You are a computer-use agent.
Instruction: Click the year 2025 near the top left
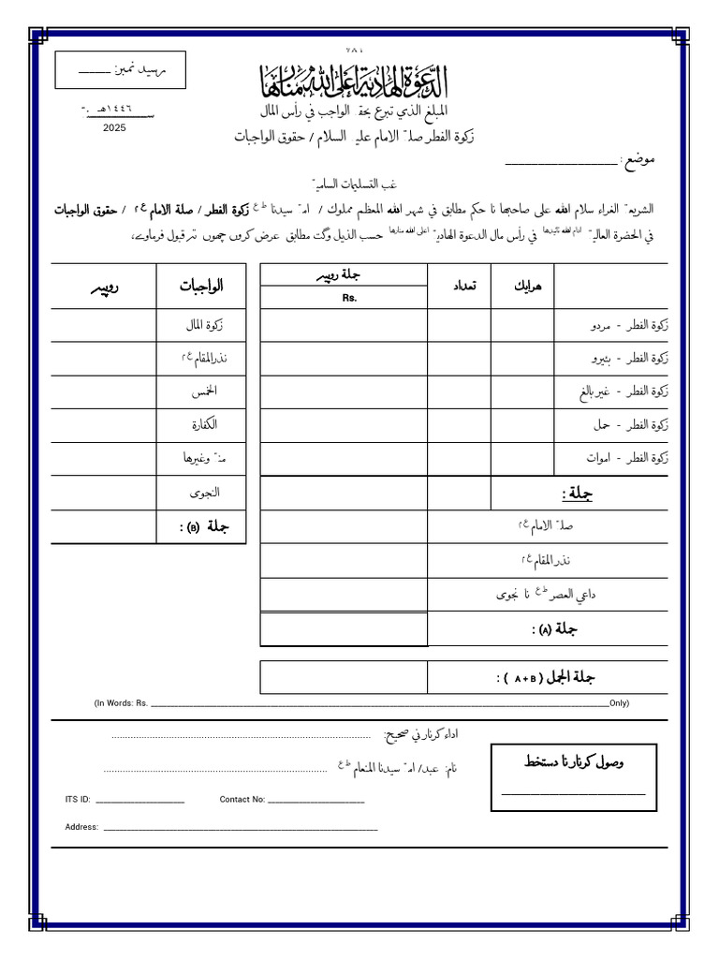114,126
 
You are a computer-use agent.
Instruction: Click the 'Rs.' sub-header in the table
350,298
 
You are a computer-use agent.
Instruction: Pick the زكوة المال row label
204,325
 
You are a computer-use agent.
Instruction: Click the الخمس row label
203,391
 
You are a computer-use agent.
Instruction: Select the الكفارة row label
203,424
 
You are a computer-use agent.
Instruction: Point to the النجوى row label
203,492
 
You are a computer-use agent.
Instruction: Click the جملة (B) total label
205,526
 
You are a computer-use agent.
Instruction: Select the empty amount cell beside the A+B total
344,677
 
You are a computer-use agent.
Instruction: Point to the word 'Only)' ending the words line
619,703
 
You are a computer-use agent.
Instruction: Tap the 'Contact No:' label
242,800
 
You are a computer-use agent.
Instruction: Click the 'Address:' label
81,827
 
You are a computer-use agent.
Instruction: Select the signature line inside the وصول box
574,794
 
